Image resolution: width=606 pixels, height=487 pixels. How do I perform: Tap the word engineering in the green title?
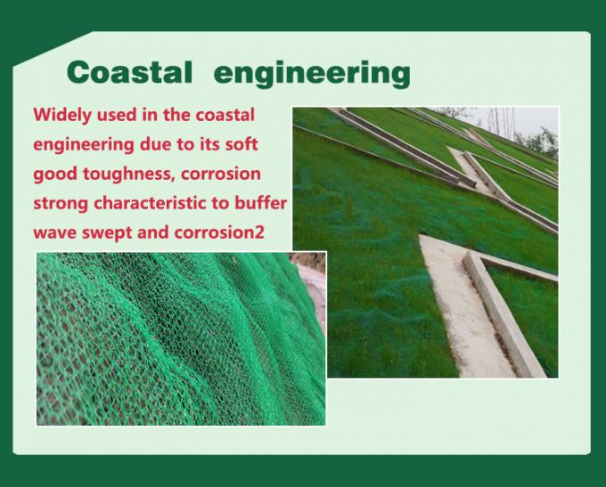pos(313,73)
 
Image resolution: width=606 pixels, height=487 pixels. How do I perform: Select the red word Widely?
pos(63,115)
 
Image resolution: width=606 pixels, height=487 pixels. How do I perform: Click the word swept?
pos(110,231)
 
